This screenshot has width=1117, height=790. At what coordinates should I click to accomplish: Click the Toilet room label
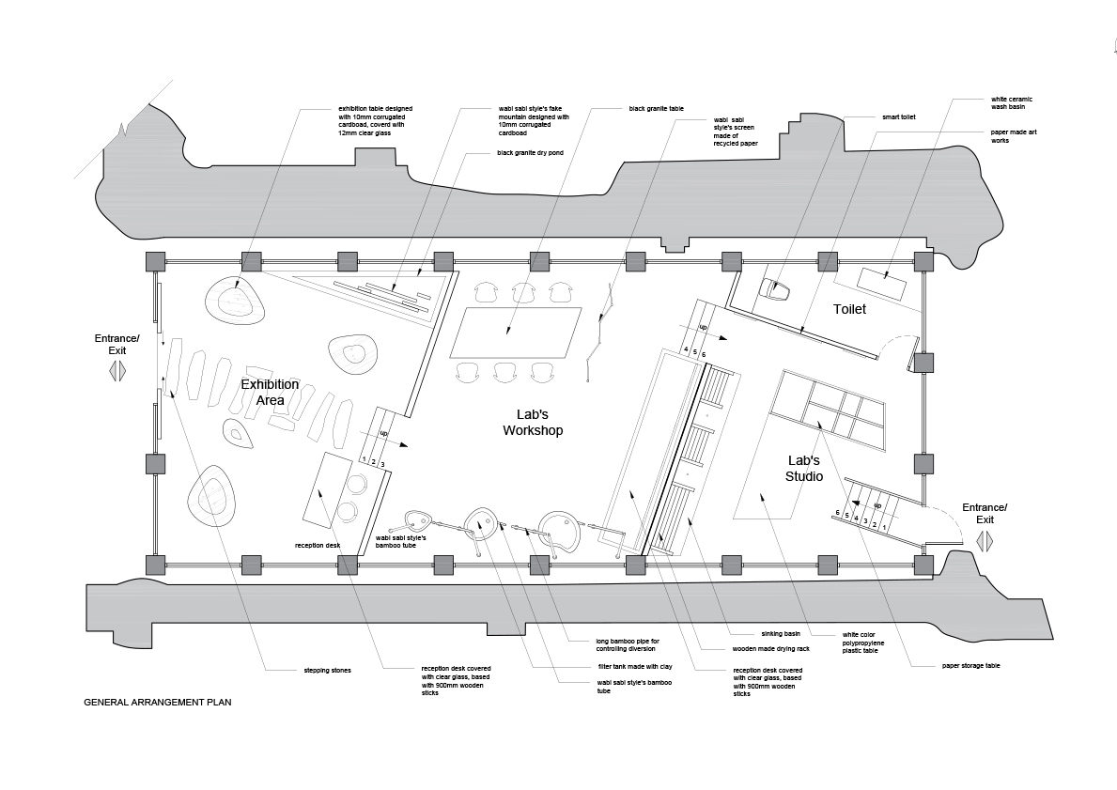(850, 309)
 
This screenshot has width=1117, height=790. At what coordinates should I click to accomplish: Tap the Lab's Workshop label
(533, 423)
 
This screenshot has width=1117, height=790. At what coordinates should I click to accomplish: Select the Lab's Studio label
(804, 469)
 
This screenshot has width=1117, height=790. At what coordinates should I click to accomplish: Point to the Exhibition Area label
(270, 392)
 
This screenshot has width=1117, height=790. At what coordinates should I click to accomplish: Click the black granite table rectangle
(516, 334)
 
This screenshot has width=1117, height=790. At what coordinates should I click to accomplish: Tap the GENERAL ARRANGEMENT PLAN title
(158, 703)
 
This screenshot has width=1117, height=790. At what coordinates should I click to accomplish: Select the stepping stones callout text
(327, 671)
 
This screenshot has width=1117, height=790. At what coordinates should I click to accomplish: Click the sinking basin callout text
(781, 633)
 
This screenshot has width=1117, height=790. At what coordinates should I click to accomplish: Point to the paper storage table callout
(971, 665)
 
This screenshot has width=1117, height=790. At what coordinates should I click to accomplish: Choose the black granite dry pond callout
(530, 153)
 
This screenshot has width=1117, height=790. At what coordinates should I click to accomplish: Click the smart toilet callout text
(899, 116)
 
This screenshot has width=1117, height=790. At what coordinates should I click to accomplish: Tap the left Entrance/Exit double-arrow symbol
(117, 372)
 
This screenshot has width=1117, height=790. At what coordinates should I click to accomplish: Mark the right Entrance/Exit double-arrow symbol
(984, 542)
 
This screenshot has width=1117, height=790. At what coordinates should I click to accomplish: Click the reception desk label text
(317, 546)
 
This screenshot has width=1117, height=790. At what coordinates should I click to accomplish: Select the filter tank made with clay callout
(635, 667)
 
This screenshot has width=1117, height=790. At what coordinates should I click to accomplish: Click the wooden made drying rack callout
(770, 649)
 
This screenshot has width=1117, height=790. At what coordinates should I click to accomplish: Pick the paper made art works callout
(1014, 136)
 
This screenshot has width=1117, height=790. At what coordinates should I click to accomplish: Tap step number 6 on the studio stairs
(838, 513)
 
